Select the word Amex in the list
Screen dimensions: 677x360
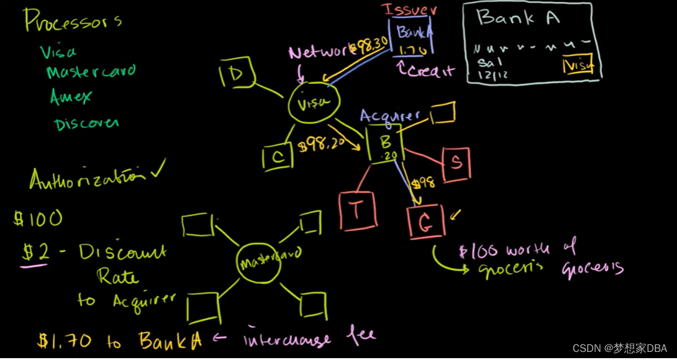coord(71,97)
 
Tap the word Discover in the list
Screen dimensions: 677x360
coord(86,124)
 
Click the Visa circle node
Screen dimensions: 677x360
coord(314,104)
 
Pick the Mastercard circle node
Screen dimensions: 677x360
coord(269,261)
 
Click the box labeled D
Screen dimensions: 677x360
coord(236,74)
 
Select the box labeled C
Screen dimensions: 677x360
coord(277,157)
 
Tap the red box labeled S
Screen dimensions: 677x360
coord(455,163)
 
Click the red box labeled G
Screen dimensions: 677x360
coord(426,222)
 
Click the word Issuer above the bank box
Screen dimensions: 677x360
coord(409,10)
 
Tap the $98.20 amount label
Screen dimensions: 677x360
coord(321,146)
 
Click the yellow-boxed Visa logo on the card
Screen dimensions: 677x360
coord(577,65)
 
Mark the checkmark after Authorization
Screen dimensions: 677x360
coord(160,168)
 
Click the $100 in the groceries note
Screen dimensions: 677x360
coord(478,251)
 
